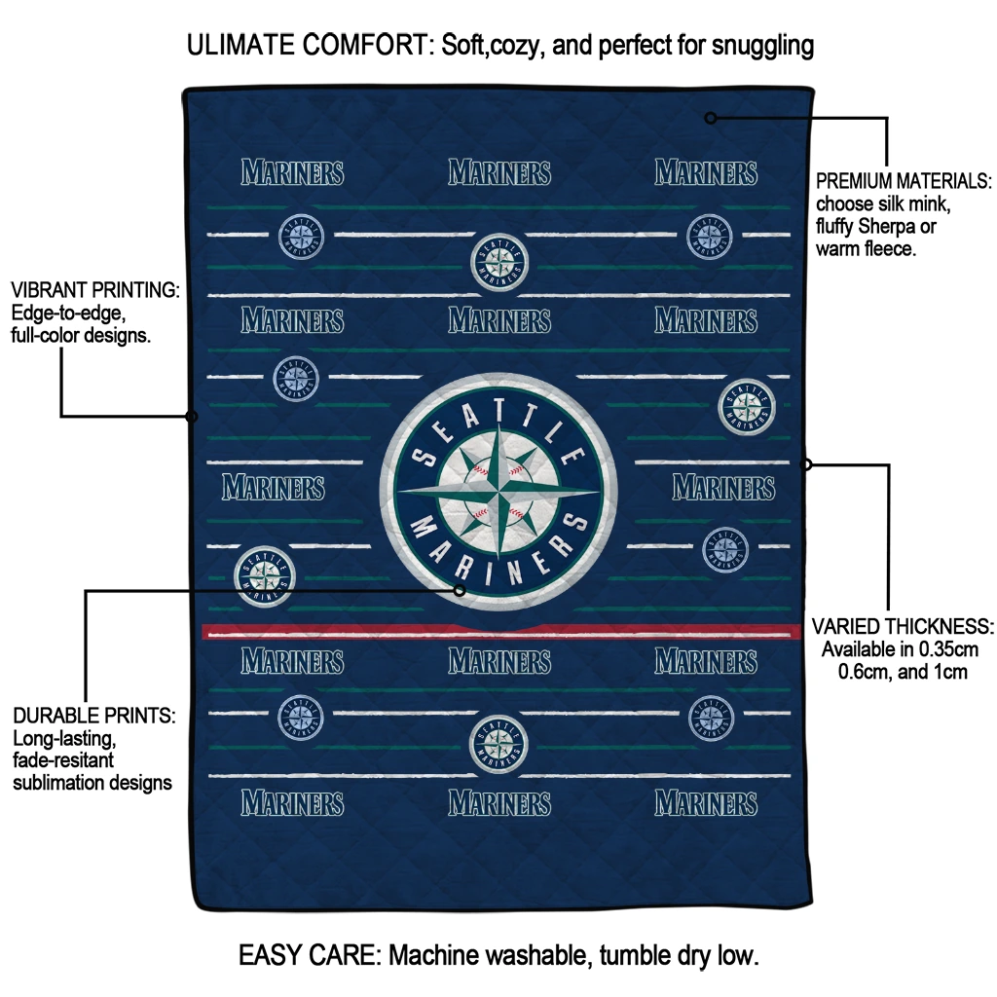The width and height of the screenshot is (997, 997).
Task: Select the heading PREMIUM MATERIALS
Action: (903, 181)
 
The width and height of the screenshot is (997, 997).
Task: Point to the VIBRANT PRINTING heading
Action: (94, 290)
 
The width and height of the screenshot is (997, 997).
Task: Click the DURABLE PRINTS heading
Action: (93, 716)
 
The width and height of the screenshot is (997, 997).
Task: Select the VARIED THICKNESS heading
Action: (903, 626)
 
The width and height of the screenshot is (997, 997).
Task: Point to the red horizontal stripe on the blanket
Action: (498, 632)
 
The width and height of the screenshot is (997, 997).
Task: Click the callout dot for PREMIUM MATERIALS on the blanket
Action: (711, 118)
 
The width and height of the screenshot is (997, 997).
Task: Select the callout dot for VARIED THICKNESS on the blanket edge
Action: (806, 464)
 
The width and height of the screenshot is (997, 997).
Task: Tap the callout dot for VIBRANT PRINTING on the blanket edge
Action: (192, 417)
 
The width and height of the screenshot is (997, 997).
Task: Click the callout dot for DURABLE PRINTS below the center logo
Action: (460, 590)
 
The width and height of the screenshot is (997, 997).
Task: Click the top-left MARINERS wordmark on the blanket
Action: (292, 173)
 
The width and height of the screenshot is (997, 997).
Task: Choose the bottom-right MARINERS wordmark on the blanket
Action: (706, 803)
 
